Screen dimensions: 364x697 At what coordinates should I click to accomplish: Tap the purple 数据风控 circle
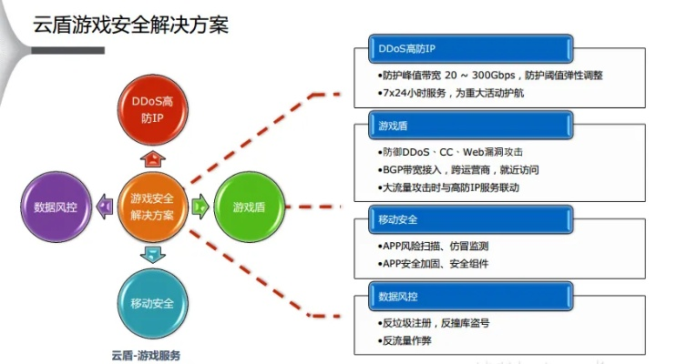tap(56, 207)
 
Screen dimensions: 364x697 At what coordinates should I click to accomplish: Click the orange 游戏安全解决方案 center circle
tap(152, 206)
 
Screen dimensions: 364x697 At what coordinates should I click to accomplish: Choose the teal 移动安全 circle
tap(152, 302)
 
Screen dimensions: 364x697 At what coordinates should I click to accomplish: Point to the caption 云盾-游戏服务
tap(146, 355)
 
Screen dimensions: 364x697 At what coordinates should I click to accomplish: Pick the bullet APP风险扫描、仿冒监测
tap(436, 246)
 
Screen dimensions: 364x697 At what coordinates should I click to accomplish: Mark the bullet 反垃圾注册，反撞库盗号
tap(437, 323)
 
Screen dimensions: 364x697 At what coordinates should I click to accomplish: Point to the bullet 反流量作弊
tap(406, 341)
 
